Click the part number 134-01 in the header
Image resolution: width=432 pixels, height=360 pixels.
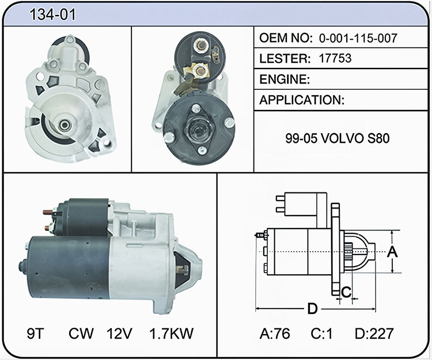coord(52,14)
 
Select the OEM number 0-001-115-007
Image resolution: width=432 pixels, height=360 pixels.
coord(358,38)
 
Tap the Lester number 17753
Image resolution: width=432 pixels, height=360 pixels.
coord(335,58)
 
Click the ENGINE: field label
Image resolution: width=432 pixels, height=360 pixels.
coord(285,79)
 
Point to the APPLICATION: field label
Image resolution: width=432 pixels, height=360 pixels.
coord(302,100)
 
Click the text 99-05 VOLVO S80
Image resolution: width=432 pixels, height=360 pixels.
coord(338,138)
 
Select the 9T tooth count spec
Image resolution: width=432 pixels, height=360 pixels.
coord(36,334)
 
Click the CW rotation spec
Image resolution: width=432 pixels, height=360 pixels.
coord(81,334)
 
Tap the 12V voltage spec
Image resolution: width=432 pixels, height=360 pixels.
coord(119,334)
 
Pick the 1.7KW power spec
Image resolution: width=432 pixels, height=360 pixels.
coord(172,334)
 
